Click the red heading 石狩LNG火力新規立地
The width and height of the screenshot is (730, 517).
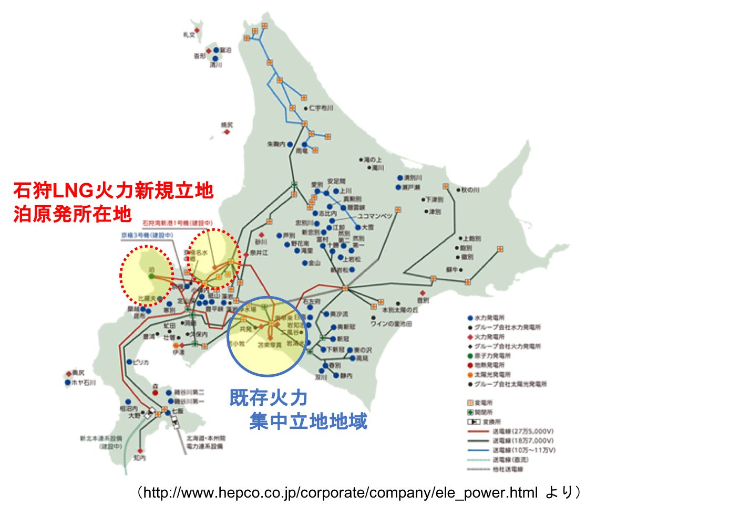(x=113, y=190)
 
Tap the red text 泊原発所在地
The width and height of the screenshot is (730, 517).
(x=72, y=214)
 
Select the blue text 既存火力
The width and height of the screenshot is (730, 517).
(x=269, y=398)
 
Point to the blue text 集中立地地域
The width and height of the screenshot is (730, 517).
(x=308, y=421)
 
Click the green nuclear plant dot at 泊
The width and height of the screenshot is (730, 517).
(x=151, y=276)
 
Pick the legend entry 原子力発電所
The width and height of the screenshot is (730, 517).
(x=492, y=356)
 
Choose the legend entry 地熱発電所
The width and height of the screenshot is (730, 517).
(x=489, y=365)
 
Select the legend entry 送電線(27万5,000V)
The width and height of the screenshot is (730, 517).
(x=523, y=431)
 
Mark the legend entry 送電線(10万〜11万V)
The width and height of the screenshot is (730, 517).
(x=524, y=450)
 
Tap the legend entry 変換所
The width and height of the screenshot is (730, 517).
(x=491, y=422)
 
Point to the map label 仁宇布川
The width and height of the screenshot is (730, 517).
(x=321, y=108)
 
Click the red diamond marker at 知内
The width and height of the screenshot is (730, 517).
(x=140, y=451)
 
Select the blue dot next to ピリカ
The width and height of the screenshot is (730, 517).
(x=129, y=362)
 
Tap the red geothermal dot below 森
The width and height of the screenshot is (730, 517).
(x=155, y=393)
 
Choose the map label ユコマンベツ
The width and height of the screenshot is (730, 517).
(x=375, y=216)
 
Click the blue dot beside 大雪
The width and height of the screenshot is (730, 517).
(x=358, y=227)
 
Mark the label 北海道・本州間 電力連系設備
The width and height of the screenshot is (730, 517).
(x=206, y=442)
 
